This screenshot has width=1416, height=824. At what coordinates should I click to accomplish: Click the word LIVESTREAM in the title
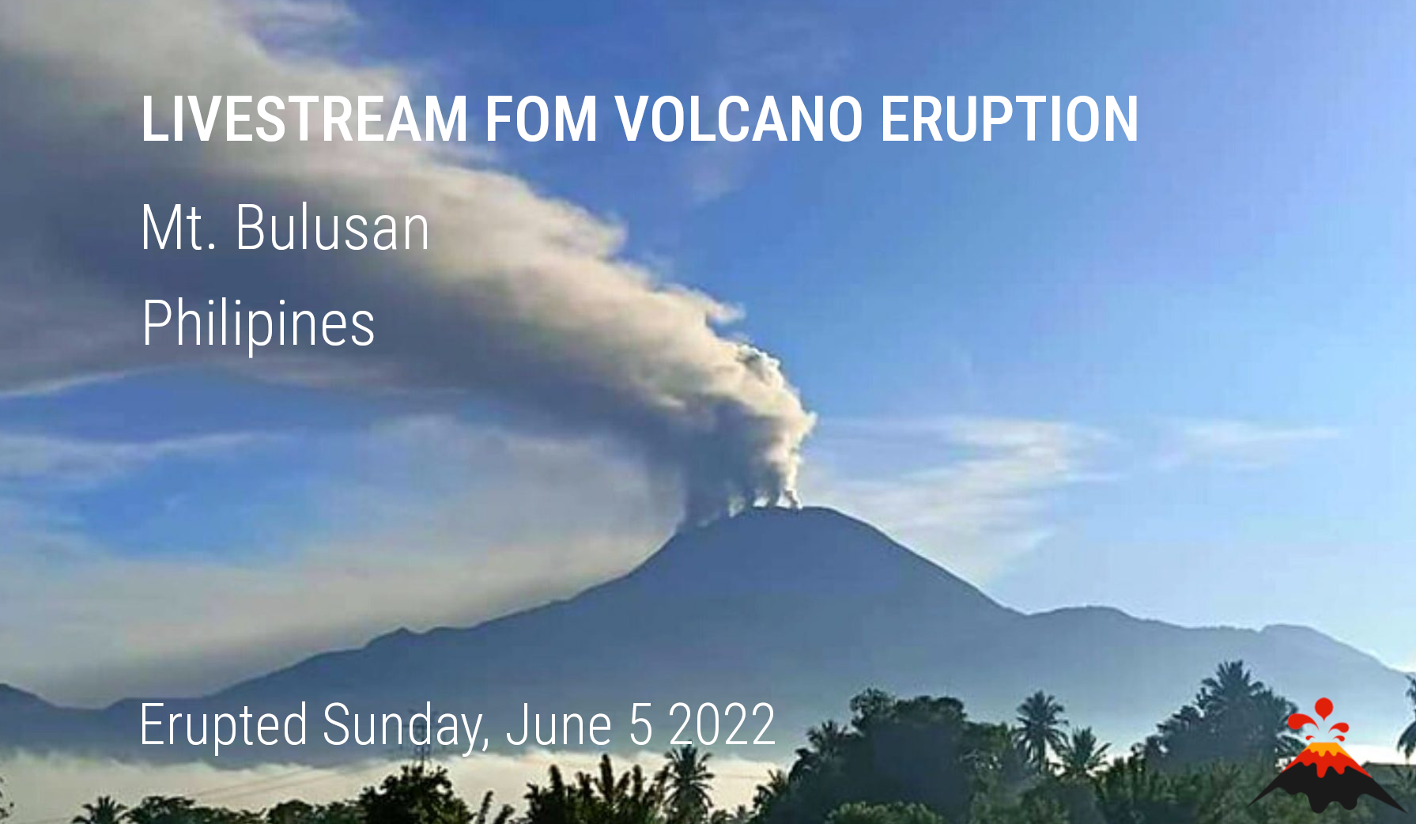pos(305,119)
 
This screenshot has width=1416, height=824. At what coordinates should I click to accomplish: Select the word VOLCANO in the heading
pos(739,119)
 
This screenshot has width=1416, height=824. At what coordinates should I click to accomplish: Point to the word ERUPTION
pos(1009,119)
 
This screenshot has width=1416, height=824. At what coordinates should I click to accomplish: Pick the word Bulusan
pos(332,228)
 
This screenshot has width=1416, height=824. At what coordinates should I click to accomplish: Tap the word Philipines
pos(258,323)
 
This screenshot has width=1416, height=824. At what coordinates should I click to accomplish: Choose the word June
pos(559,724)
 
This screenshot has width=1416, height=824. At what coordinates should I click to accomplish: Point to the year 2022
pos(722,724)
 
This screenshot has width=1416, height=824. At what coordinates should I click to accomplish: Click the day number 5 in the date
pos(640,724)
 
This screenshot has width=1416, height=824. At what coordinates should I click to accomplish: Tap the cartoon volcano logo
pos(1326,755)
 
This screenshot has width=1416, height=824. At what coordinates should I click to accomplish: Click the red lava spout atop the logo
pos(1322,718)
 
